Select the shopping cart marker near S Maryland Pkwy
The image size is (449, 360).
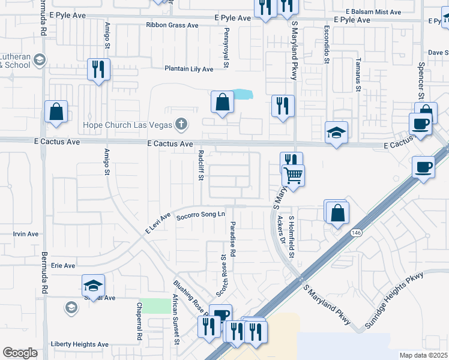click(294, 175)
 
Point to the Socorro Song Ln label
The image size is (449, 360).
click(200, 215)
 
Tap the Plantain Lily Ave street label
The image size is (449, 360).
click(189, 69)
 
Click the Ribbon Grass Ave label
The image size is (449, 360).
click(172, 25)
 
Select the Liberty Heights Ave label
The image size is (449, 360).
click(80, 344)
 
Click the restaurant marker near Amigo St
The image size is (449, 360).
click(98, 68)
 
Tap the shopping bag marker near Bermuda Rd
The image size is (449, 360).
click(56, 112)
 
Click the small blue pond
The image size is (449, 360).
click(241, 94)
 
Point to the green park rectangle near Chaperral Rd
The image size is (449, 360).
click(155, 305)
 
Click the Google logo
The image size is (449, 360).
click(20, 353)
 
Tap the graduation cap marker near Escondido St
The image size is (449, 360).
click(336, 133)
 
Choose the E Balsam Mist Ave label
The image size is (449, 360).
click(373, 12)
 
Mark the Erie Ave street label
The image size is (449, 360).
click(63, 265)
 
